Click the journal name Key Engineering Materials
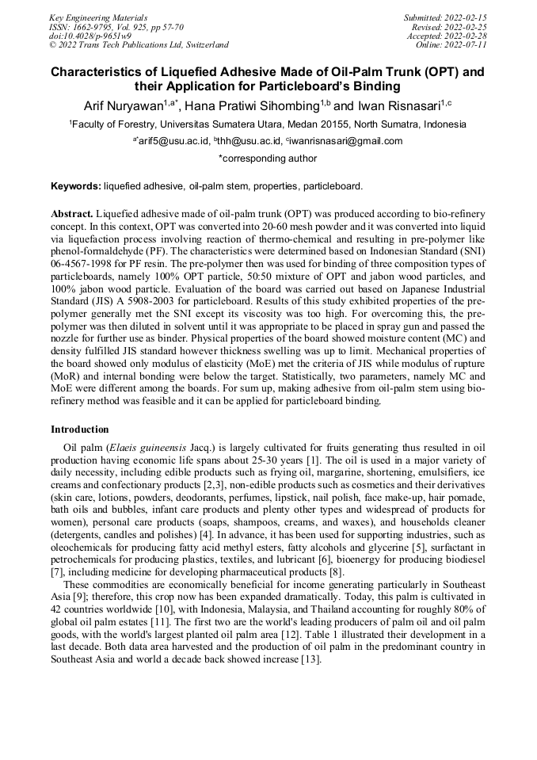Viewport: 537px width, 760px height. click(98, 17)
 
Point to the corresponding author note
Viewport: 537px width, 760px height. click(268, 158)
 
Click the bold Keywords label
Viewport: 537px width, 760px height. click(76, 186)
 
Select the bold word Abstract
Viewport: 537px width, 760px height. click(72, 215)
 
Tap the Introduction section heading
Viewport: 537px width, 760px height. click(80, 429)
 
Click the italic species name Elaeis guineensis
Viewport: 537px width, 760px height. click(150, 448)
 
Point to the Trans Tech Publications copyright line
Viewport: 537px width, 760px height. click(139, 45)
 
